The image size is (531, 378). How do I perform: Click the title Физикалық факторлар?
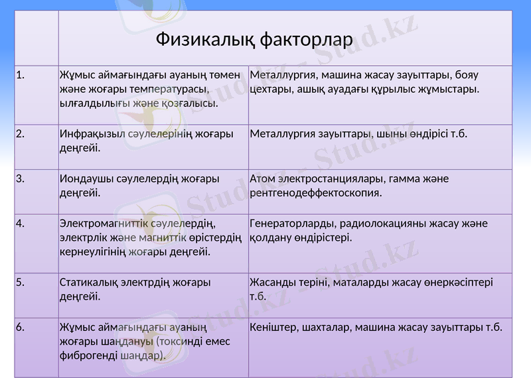(x=254, y=40)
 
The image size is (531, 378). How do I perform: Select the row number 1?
(x=21, y=75)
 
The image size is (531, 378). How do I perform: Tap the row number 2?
(x=21, y=134)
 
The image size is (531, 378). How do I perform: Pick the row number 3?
(x=21, y=178)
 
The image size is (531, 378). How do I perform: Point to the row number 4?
(x=21, y=223)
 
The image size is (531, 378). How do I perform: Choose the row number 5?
(x=21, y=283)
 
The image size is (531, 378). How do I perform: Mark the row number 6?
(x=21, y=327)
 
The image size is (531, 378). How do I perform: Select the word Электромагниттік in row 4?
(x=105, y=223)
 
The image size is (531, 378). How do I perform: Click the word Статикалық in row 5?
(x=88, y=283)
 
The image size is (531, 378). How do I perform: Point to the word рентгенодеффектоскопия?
(x=315, y=194)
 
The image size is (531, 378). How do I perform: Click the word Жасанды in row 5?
(x=272, y=283)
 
